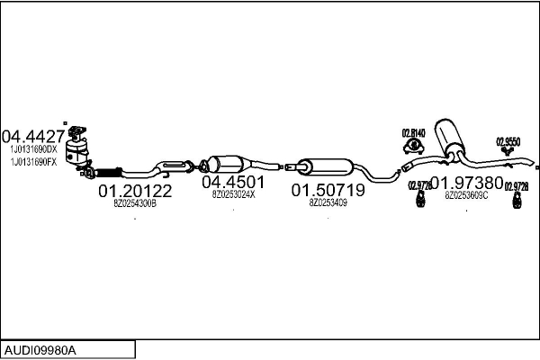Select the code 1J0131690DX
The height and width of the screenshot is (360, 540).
point(32,148)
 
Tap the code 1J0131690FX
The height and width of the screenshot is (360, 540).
point(32,162)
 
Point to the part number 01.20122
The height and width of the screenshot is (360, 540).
point(135,192)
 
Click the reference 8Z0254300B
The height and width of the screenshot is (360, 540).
point(135,204)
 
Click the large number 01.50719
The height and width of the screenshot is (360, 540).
point(328,191)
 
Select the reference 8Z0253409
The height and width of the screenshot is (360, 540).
point(328,203)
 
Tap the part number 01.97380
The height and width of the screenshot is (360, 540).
point(466,183)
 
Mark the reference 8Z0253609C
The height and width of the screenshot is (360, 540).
point(466,195)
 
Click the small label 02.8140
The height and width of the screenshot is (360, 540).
point(412,134)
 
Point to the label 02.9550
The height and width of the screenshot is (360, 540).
point(508,141)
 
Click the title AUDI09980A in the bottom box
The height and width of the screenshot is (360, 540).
point(40,348)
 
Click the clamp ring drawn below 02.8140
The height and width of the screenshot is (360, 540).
point(413,147)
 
